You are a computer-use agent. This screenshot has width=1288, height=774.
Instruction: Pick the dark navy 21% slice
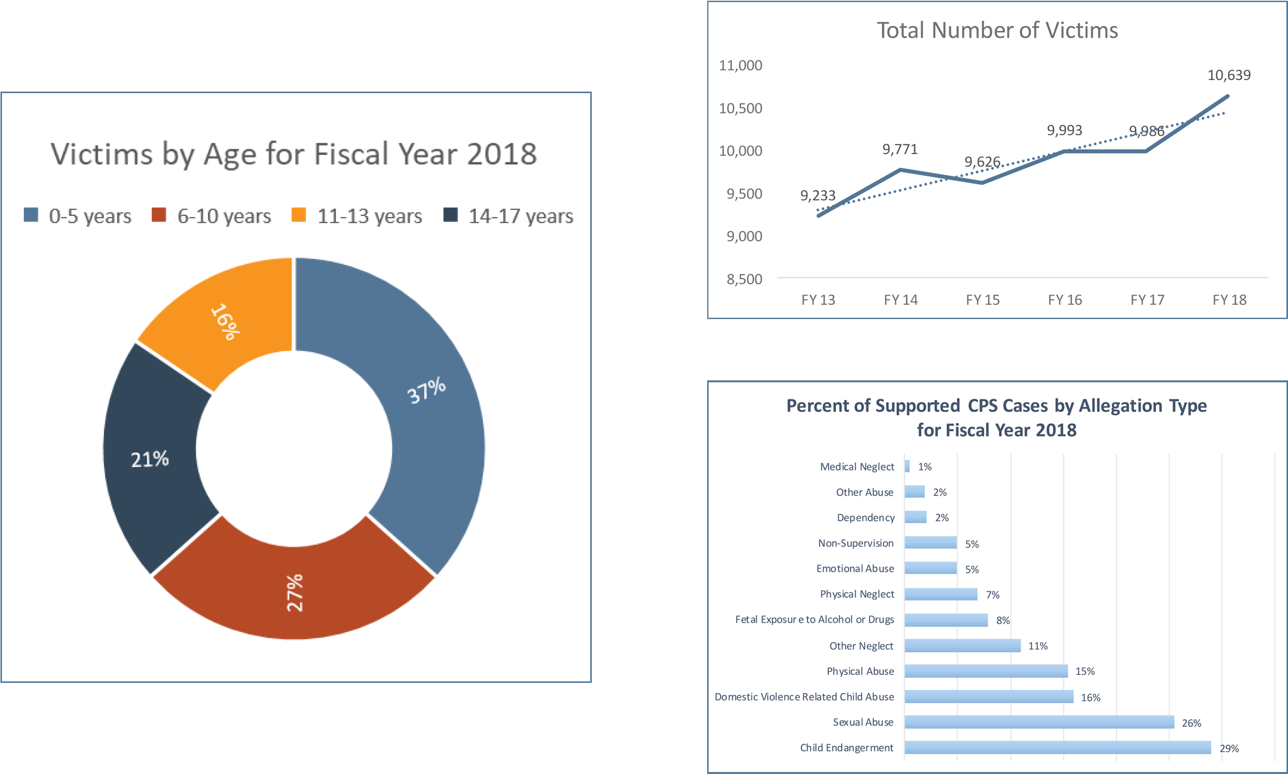[150, 459]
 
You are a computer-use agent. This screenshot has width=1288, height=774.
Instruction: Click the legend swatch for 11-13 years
[299, 215]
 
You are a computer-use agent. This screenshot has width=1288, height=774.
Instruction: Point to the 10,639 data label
[1229, 75]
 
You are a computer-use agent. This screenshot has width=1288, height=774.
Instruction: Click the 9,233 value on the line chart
[818, 196]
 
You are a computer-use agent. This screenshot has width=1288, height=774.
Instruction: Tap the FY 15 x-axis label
[982, 300]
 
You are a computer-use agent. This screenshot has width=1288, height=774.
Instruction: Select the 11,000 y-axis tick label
[740, 65]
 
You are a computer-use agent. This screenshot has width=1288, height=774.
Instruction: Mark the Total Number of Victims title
[997, 30]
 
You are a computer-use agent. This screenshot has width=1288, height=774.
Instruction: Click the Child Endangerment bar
[1058, 747]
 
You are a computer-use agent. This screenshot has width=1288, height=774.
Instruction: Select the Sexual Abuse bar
[1039, 722]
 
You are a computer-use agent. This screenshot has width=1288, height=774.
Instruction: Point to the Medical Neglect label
[857, 466]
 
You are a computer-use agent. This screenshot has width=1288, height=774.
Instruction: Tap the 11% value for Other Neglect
[1038, 646]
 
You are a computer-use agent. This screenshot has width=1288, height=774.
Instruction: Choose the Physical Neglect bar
[941, 594]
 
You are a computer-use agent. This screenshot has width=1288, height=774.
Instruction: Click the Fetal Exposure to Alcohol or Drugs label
[815, 619]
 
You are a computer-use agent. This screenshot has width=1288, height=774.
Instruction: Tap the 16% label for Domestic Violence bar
[1090, 697]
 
